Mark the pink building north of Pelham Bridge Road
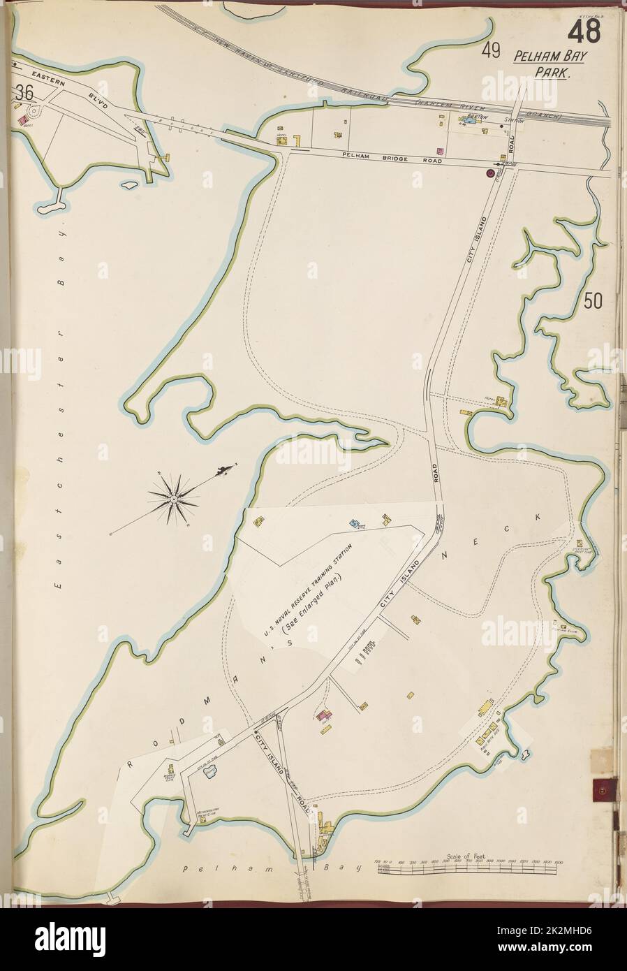(439, 151)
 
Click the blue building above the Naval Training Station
(353, 522)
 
